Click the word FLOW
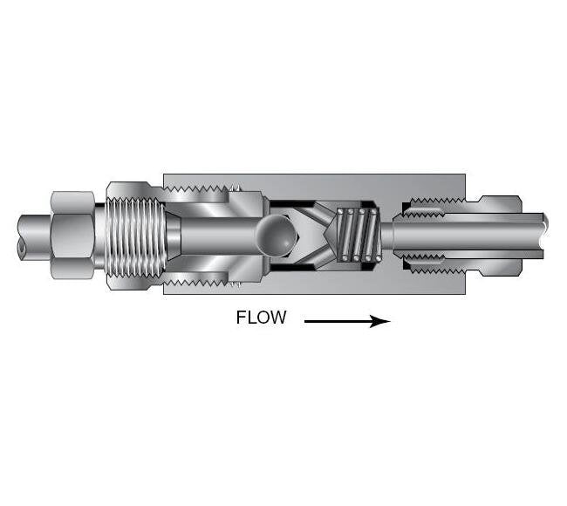point(261,318)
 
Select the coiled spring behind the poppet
point(359,235)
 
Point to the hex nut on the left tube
point(72,235)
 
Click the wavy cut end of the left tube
point(21,235)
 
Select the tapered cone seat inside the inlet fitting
point(174,235)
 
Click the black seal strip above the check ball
point(292,203)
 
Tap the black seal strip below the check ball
point(292,267)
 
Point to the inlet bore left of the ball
point(219,235)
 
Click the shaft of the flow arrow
point(338,321)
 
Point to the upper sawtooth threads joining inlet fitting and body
point(197,188)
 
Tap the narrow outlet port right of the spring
point(387,235)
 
